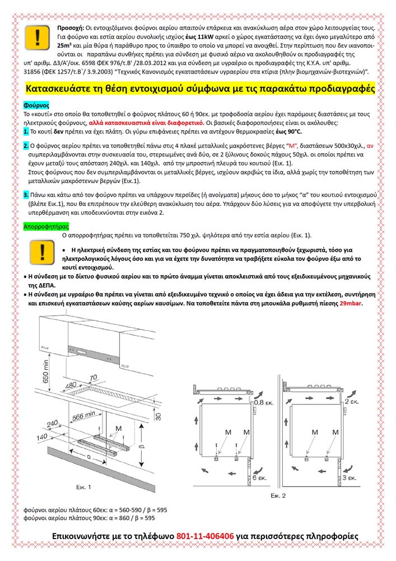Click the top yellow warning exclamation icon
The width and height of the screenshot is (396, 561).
(x=37, y=38)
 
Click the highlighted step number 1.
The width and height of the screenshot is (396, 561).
(x=26, y=131)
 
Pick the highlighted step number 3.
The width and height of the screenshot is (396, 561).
(x=26, y=194)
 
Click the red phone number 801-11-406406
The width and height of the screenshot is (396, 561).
(x=205, y=536)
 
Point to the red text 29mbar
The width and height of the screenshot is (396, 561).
(x=351, y=303)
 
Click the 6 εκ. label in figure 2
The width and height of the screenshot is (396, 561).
(x=259, y=479)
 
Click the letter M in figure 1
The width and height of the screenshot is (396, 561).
(x=118, y=428)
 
